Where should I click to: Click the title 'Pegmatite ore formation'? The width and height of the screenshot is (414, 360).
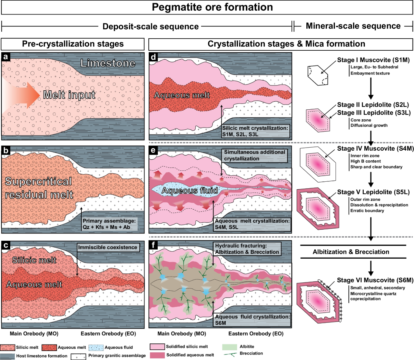(212, 7)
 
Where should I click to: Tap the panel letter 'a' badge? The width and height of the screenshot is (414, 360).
(6, 57)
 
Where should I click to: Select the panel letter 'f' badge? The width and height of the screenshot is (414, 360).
(153, 245)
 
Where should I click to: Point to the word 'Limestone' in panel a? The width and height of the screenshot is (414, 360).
(108, 63)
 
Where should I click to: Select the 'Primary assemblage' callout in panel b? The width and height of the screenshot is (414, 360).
(109, 224)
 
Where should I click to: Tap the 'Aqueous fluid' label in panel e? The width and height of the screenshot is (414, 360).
(190, 190)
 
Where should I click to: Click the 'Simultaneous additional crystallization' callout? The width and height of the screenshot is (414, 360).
(254, 155)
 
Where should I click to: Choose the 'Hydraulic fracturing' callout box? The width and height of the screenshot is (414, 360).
(247, 249)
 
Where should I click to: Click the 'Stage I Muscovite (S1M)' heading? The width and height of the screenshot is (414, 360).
(373, 60)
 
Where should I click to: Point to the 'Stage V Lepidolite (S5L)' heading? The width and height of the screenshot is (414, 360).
(373, 192)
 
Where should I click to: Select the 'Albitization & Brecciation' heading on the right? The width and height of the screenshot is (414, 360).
(351, 252)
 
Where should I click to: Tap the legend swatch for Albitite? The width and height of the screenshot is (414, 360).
(229, 347)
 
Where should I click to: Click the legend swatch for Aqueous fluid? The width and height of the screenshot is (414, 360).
(96, 348)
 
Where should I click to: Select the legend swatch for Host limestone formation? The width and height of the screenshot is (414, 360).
(8, 356)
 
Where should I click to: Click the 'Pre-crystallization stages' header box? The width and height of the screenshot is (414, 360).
(73, 44)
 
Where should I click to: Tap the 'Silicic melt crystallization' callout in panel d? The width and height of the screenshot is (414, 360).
(255, 131)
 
